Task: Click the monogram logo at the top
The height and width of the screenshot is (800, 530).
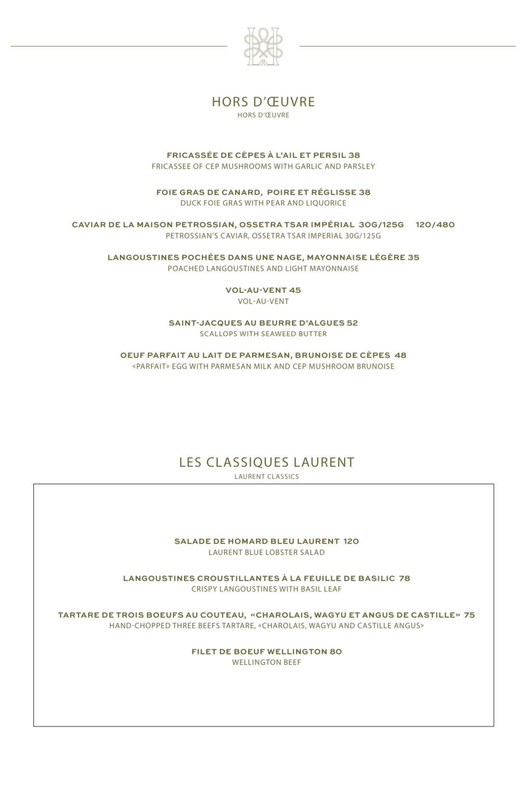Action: coord(263,47)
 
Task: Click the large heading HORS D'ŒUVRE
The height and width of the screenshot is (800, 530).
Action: coord(263,102)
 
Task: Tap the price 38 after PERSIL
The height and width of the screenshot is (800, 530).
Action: coord(354,155)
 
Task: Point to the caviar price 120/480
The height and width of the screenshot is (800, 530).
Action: coord(435,225)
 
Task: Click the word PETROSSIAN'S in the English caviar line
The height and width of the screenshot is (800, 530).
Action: coord(188,236)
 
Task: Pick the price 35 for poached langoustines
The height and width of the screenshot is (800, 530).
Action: coord(413,257)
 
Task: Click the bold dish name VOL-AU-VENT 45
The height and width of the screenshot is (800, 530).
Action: coord(263,290)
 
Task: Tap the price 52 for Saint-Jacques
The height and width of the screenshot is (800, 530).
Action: coord(352,323)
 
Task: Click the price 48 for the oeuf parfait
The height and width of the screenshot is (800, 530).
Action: coord(400,355)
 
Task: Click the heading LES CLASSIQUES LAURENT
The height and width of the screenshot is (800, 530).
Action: coord(266,463)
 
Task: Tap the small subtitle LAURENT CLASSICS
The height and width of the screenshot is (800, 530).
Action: coord(266,477)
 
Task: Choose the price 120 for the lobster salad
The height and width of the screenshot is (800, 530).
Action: coord(351,541)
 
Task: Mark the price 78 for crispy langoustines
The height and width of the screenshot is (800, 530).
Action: coord(404,578)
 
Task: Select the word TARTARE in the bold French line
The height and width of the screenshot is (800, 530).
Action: coord(76,615)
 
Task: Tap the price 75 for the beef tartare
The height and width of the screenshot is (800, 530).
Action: coord(469,615)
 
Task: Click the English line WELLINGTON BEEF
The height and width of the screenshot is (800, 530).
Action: coord(266,663)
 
